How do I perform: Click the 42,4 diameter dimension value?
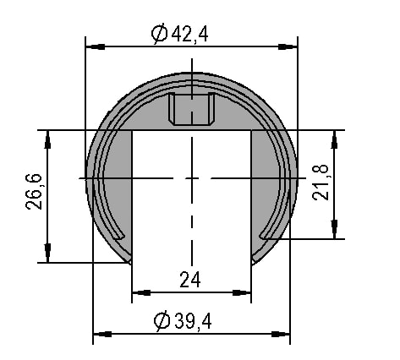click(x=189, y=35)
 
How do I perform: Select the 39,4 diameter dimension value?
click(x=193, y=321)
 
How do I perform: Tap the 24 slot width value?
click(x=190, y=280)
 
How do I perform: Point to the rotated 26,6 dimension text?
click(x=34, y=192)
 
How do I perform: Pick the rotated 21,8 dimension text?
click(x=321, y=183)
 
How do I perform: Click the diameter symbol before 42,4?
click(x=160, y=35)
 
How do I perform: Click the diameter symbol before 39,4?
click(x=162, y=321)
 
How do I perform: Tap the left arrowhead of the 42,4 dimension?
click(x=95, y=46)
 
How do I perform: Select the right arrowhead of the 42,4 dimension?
click(x=288, y=46)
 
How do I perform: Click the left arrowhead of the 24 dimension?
click(x=141, y=293)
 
